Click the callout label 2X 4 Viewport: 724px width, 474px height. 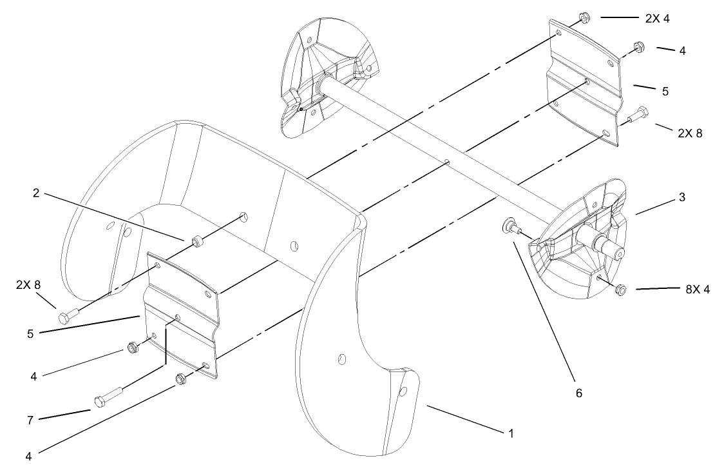click(x=657, y=19)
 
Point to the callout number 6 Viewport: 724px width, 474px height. click(x=578, y=393)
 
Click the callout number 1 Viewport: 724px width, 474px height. click(x=511, y=433)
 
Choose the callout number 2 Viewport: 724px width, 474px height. click(x=37, y=193)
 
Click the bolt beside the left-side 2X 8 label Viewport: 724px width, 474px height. click(x=68, y=316)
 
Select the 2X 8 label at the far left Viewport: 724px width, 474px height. click(x=28, y=284)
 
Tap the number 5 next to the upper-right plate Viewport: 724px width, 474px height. click(x=665, y=91)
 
